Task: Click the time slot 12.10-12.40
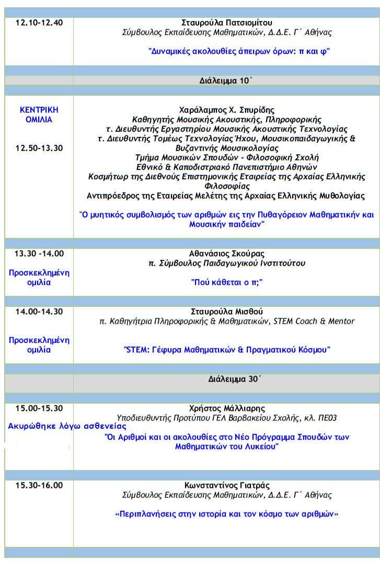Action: [39, 22]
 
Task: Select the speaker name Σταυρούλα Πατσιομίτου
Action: [227, 22]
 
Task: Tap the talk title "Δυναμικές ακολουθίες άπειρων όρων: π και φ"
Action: [240, 51]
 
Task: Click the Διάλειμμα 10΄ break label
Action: [226, 81]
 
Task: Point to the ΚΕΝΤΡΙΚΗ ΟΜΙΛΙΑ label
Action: [39, 115]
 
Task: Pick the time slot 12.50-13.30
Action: [39, 148]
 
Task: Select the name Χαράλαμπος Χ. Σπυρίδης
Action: [226, 110]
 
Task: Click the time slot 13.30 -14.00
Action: [39, 254]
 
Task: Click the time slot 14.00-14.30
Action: [39, 312]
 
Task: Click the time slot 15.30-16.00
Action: [39, 485]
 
